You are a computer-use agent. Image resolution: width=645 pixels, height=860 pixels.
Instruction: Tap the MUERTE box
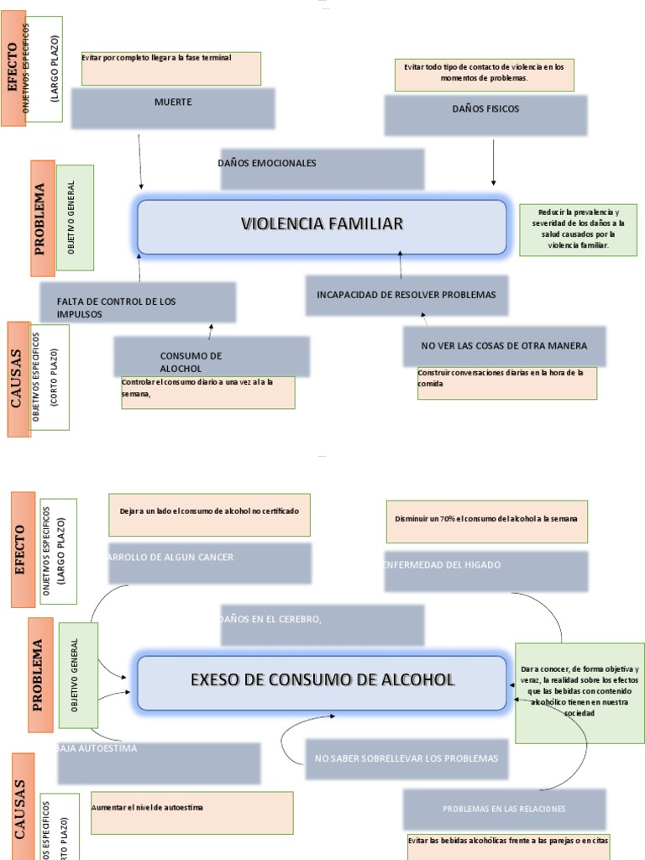(x=172, y=108)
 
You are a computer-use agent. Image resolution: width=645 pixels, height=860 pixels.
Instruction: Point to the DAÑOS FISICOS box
(x=485, y=114)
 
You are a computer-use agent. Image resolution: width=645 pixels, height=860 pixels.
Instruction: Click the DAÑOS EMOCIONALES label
(x=322, y=169)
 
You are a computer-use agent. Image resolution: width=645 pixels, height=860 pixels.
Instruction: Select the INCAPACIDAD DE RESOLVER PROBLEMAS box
(x=406, y=295)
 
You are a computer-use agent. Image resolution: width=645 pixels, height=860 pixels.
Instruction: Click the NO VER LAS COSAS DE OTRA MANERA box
(x=505, y=346)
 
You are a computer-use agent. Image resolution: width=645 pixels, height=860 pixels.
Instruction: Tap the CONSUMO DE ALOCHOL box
(x=212, y=356)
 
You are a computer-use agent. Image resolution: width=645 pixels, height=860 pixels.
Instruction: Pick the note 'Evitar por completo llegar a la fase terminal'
(x=170, y=68)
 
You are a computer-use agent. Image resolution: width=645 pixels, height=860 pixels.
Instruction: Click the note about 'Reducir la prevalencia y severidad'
(x=578, y=229)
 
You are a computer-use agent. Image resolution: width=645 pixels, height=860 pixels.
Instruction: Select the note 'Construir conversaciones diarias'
(x=506, y=383)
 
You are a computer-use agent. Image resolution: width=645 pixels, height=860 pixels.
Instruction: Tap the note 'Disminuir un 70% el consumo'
(x=486, y=522)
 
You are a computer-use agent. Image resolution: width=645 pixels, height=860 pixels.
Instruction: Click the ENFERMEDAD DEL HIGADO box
(x=485, y=571)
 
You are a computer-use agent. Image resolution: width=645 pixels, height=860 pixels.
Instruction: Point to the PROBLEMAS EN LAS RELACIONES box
(x=504, y=809)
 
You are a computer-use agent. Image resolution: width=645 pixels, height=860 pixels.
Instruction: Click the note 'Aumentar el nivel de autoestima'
(x=191, y=813)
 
